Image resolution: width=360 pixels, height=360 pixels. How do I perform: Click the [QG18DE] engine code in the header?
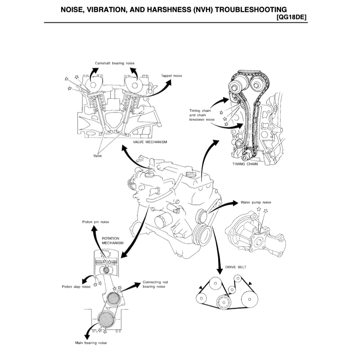pos(292,17)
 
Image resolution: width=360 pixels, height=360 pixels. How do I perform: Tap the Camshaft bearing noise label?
pos(115,63)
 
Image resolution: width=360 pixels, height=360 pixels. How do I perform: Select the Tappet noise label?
pos(172,76)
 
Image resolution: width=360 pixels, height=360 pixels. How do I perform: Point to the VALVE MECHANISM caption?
pos(150,142)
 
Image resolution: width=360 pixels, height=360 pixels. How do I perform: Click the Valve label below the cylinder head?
pos(97,156)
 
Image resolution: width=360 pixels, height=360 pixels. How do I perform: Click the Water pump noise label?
pos(256,202)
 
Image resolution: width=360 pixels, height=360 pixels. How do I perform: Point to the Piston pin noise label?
pos(95,222)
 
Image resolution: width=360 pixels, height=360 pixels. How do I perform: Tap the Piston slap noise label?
pos(74,287)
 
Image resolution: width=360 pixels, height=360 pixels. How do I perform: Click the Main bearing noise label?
pos(91,342)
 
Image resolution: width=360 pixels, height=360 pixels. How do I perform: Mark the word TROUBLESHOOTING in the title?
pos(251,9)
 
